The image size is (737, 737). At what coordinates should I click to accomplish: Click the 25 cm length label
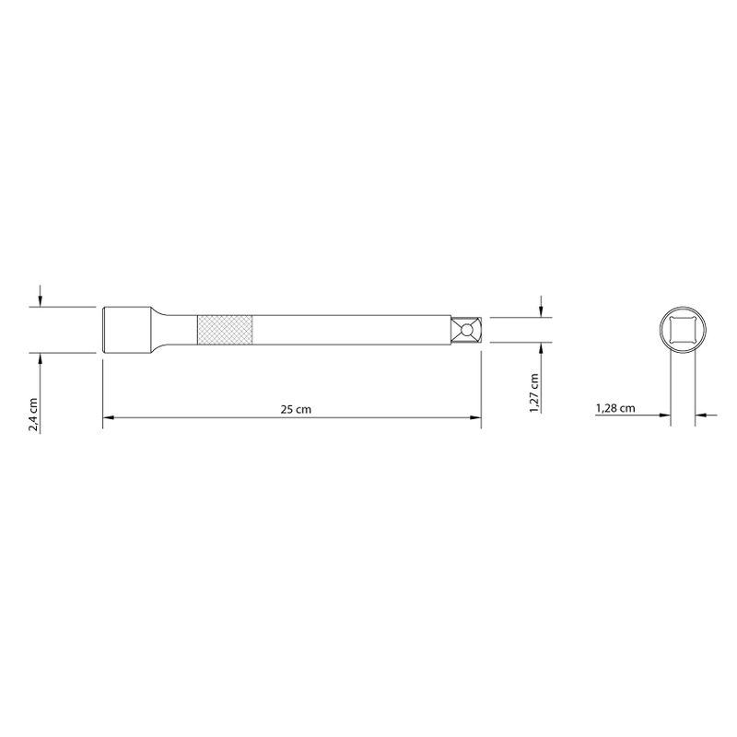pos(296,409)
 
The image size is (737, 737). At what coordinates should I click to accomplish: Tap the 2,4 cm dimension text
pos(33,415)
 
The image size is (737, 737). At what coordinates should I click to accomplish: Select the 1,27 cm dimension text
pos(534,393)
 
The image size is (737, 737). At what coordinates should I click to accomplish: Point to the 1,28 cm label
pos(615,408)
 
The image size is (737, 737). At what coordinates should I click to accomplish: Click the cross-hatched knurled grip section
pos(225,330)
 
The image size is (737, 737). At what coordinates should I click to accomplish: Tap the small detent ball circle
pos(466,330)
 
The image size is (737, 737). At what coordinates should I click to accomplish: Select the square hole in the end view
pos(683,330)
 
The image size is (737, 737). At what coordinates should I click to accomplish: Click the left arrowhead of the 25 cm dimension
pos(109,417)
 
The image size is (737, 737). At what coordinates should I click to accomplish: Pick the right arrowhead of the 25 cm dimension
pos(475,417)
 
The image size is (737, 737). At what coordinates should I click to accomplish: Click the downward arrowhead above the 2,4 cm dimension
pos(40,302)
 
